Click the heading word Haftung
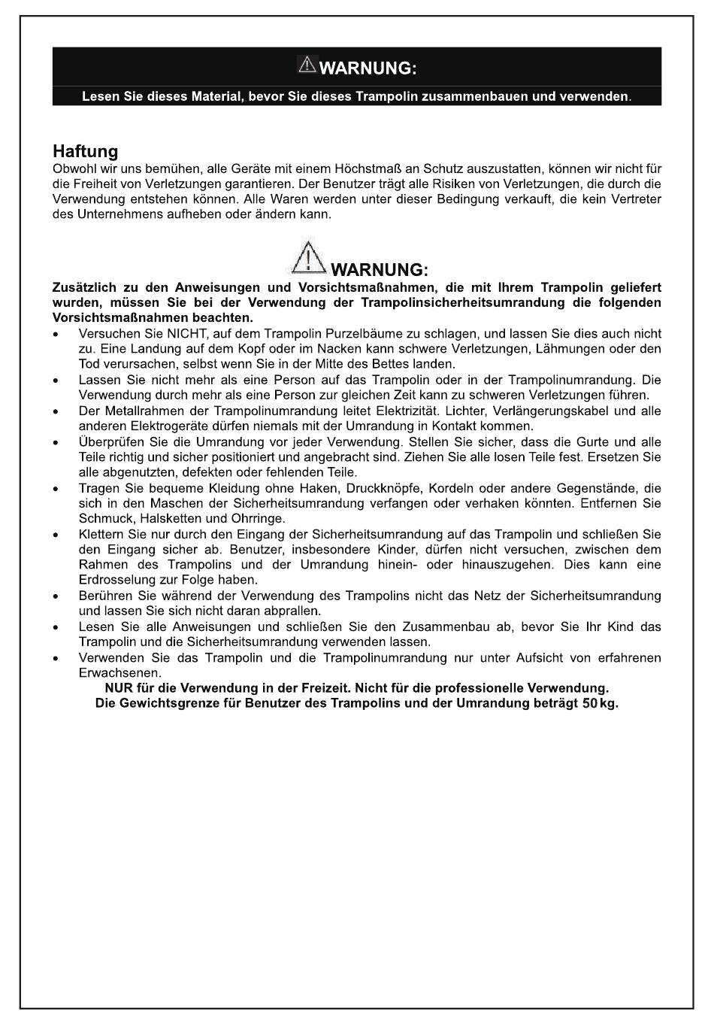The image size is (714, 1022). click(x=85, y=152)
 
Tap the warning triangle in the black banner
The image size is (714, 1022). click(x=307, y=65)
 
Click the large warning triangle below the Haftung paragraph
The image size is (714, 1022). click(x=306, y=257)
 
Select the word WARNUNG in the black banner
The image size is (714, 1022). click(x=368, y=68)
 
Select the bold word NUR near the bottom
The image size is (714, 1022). click(x=118, y=688)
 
